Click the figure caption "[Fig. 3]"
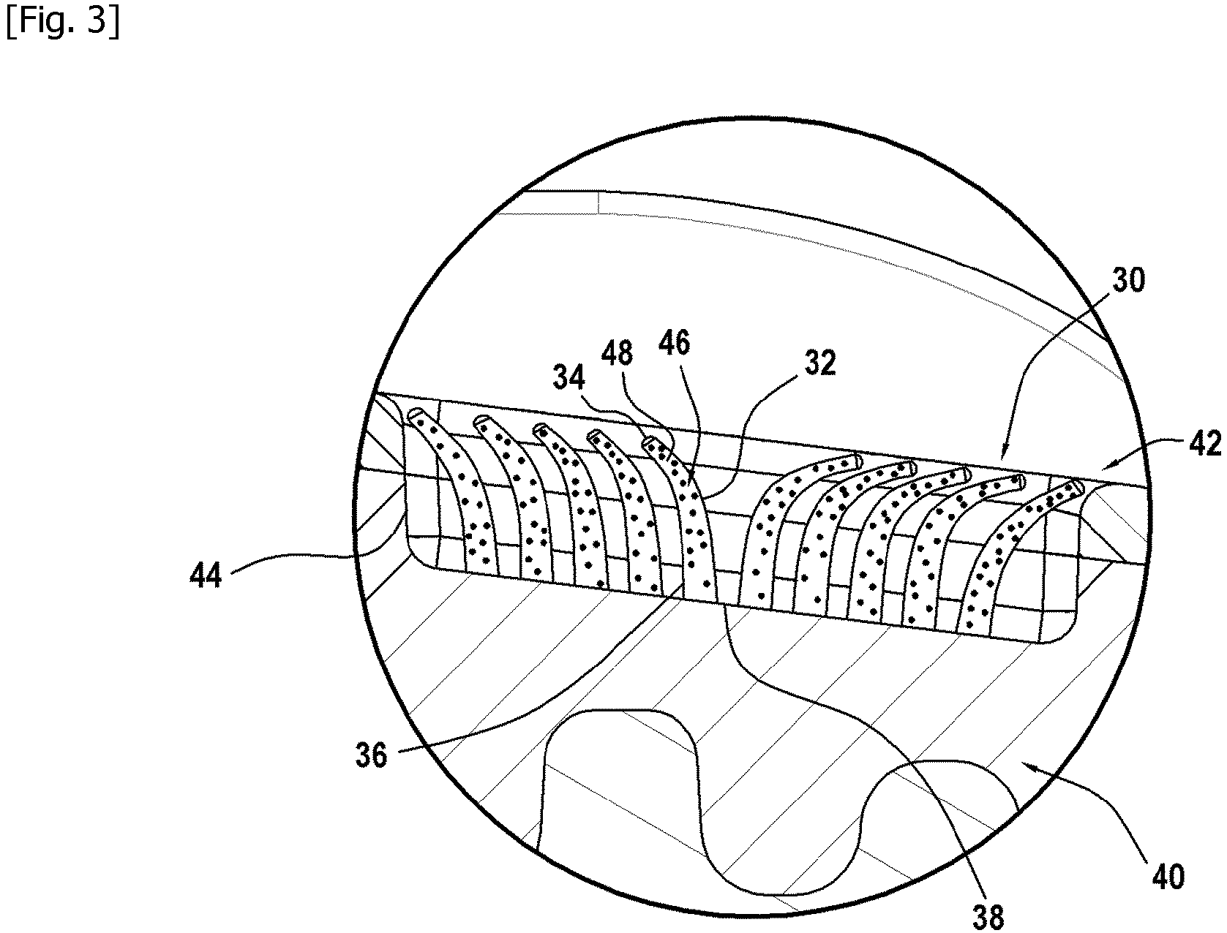click(63, 22)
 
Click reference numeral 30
click(1128, 280)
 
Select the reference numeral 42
click(1204, 444)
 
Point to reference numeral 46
click(674, 342)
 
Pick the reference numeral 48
click(617, 353)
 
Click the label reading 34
click(569, 377)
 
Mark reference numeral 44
click(206, 575)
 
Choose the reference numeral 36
click(371, 755)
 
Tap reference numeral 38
click(988, 917)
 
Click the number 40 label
click(1168, 876)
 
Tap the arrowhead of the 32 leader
click(703, 496)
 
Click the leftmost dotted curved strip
click(456, 491)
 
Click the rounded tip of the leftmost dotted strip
click(415, 415)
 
